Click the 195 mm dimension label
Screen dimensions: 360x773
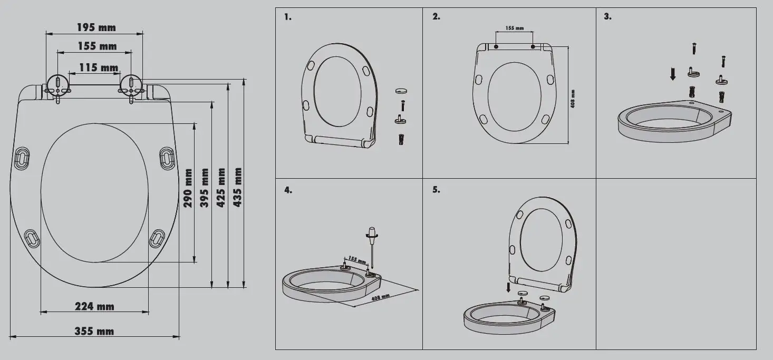pos(96,27)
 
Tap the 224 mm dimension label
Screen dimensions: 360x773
pos(94,306)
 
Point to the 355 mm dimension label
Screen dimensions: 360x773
pos(94,332)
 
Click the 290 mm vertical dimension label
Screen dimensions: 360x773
pos(188,188)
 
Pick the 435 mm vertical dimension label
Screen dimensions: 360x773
pos(238,187)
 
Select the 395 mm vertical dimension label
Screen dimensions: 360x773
pos(205,188)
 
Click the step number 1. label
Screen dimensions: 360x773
pos(287,17)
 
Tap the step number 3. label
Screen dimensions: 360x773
pos(607,17)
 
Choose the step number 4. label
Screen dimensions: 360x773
pos(288,190)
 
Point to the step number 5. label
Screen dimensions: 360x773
pos(436,190)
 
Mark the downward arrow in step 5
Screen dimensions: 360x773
pos(508,287)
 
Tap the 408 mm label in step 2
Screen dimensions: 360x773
pos(573,98)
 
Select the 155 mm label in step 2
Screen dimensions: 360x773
pos(514,28)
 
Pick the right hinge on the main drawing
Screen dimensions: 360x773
pos(130,85)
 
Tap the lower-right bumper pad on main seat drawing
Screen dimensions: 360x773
pos(157,238)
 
